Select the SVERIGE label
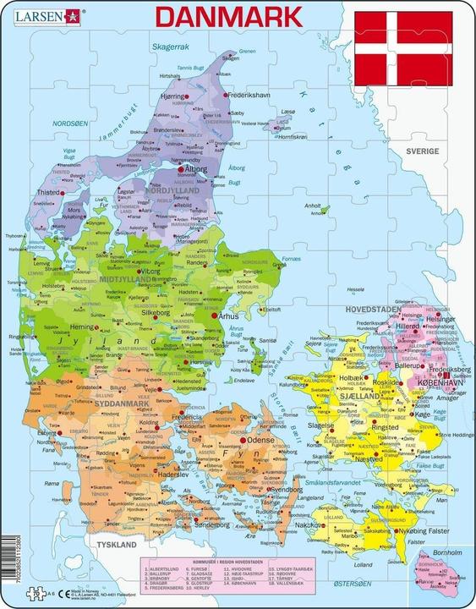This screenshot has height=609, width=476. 444,150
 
